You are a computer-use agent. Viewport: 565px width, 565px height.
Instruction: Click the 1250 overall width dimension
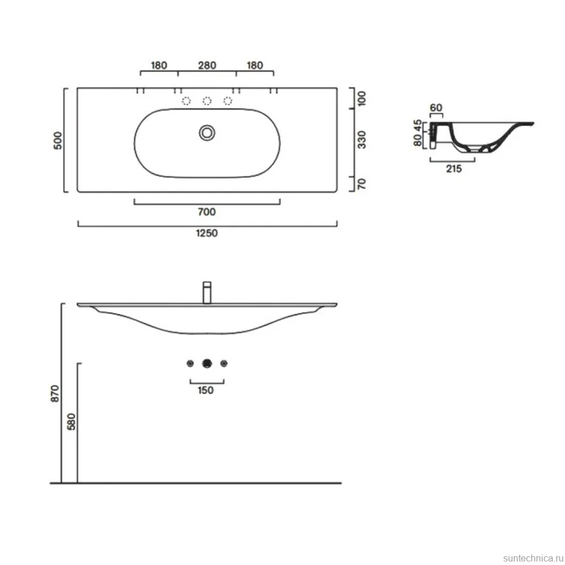(x=207, y=233)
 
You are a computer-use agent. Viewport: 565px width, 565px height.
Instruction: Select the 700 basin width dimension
(x=207, y=212)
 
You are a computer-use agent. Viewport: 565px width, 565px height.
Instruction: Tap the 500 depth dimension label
(x=58, y=140)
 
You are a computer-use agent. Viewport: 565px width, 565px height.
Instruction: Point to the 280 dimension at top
(x=207, y=66)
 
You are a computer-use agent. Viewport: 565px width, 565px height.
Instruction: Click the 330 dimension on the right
(x=361, y=140)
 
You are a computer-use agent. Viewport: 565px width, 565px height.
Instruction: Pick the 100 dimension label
(x=361, y=99)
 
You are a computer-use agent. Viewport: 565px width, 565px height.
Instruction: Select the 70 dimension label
(x=361, y=183)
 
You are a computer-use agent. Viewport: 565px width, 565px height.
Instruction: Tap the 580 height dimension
(x=71, y=422)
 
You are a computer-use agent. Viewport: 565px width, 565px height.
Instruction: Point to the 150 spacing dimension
(x=206, y=390)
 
